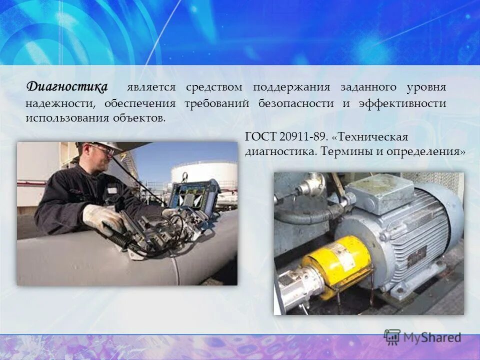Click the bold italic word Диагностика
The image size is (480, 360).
pyautogui.click(x=67, y=87)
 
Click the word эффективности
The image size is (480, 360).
pyautogui.click(x=402, y=103)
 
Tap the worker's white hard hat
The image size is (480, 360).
pyautogui.click(x=100, y=145)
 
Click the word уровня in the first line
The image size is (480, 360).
pyautogui.click(x=426, y=87)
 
